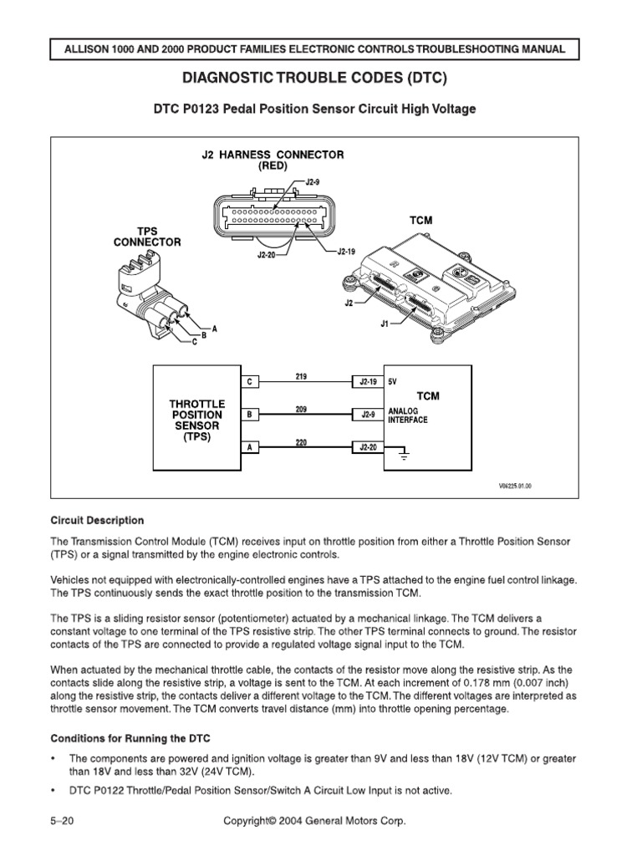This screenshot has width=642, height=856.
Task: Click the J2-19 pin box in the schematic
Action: pos(367,381)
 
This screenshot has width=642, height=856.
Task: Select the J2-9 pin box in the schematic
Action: pos(367,414)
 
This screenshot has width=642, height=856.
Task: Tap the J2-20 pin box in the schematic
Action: pos(367,447)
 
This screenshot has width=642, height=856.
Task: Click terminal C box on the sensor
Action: pos(248,381)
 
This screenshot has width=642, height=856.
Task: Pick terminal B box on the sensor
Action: pos(248,414)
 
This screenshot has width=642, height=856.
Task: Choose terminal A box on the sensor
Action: pos(248,447)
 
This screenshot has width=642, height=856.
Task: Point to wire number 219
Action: pos(301,376)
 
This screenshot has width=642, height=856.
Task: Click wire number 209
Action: pos(301,409)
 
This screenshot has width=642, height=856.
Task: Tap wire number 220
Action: pos(301,442)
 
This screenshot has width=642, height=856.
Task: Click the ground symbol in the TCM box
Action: pos(405,456)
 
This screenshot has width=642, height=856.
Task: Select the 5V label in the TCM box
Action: pos(394,381)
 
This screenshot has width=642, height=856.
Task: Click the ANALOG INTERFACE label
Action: pos(408,415)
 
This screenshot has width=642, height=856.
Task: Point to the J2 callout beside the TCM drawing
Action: pos(351,303)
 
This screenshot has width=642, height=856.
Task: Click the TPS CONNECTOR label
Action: pos(147,237)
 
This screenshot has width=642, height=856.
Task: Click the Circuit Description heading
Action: pos(97,520)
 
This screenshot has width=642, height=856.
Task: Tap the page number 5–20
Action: pos(63,822)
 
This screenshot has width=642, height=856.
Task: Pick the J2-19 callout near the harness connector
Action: pos(346,251)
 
